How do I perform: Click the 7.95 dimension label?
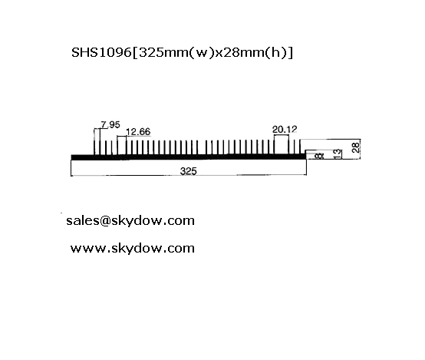coord(110,125)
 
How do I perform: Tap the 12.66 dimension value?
coord(138,132)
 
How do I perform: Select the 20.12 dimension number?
coord(285,130)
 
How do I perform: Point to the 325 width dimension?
coord(189,171)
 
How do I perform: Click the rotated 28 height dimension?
coord(356,147)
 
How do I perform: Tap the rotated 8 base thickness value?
coord(320,156)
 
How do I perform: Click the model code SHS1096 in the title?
coord(101,52)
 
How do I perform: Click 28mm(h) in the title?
coord(254,52)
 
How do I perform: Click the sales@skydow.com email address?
coord(130,220)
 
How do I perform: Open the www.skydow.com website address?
coord(133,248)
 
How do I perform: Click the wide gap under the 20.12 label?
coord(282,144)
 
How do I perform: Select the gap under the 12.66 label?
coord(122,145)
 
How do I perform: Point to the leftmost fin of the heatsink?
coord(94,142)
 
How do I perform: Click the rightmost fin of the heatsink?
coord(299,147)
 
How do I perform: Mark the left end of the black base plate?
coord(71,157)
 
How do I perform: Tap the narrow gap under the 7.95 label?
coord(97,142)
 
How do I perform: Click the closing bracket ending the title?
coord(291,52)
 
